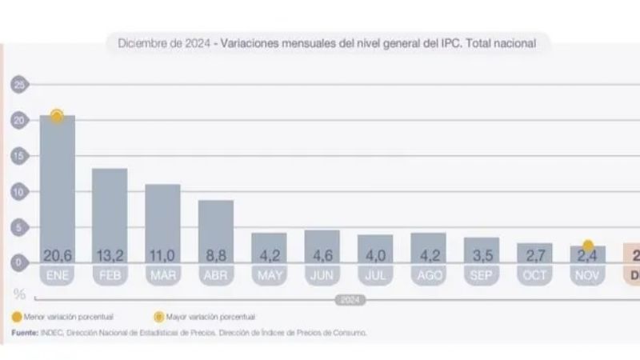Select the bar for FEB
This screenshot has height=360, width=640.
tap(110, 212)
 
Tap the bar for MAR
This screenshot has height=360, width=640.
tap(162, 220)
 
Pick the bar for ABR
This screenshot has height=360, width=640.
tap(216, 228)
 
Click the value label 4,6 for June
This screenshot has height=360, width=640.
tap(322, 256)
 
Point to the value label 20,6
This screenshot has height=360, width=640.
tap(58, 256)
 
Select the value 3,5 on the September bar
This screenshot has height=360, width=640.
tap(482, 256)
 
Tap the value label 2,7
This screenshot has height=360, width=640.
tap(534, 256)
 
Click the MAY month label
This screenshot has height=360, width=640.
tap(269, 274)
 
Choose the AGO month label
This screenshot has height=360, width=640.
tap(428, 274)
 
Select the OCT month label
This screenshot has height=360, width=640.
tap(534, 274)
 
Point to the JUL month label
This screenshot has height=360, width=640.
tap(375, 274)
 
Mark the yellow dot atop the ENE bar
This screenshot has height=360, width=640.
tap(57, 116)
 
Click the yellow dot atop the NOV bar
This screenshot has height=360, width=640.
tap(588, 246)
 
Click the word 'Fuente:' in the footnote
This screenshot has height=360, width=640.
tap(25, 332)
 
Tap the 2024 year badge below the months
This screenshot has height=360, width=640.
tap(346, 300)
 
